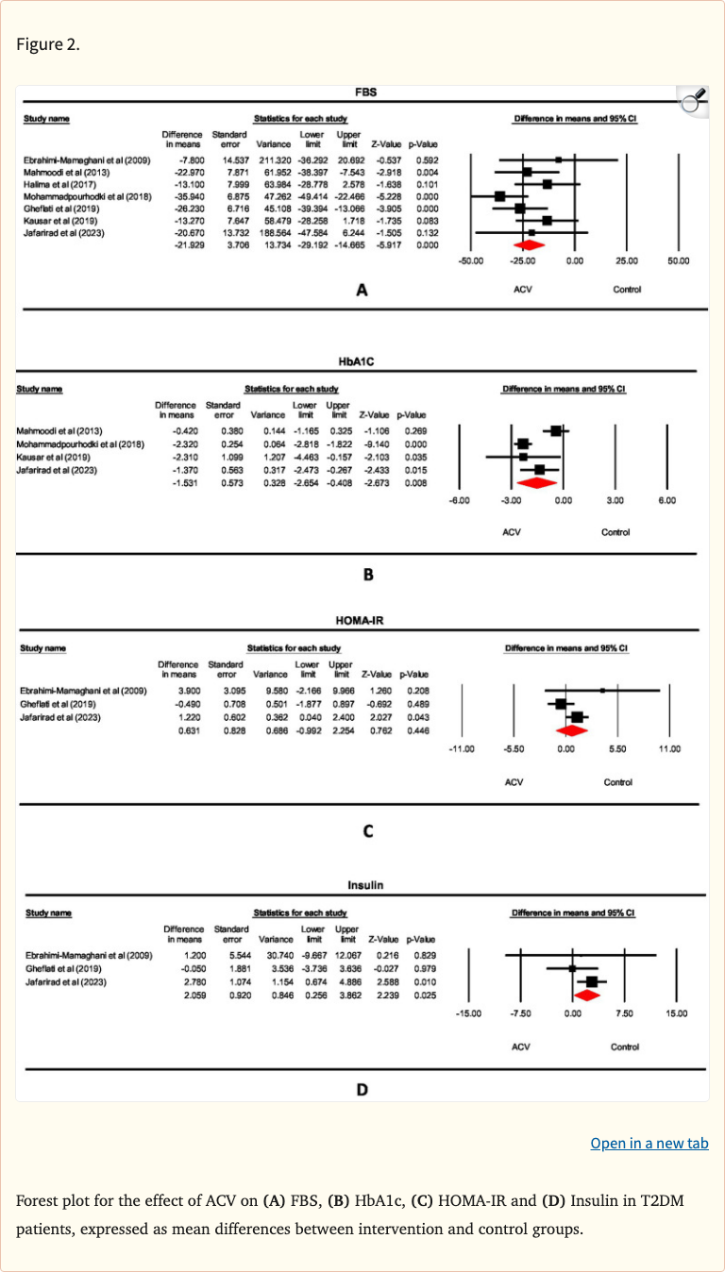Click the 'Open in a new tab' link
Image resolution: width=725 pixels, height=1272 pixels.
[x=649, y=1143]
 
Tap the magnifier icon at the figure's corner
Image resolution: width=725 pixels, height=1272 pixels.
[x=694, y=100]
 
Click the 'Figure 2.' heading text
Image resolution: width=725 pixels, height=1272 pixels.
[x=48, y=44]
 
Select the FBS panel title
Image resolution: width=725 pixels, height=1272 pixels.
[x=365, y=92]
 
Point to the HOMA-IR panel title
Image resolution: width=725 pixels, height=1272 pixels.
[x=362, y=622]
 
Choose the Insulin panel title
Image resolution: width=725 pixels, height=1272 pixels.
[x=362, y=886]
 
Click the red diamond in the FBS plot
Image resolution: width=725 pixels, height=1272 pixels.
[x=528, y=244]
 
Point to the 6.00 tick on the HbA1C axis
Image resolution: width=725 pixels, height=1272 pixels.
[x=666, y=499]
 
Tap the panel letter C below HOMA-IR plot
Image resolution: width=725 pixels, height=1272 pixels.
[x=367, y=831]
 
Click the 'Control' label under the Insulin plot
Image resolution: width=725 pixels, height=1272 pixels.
[x=624, y=1046]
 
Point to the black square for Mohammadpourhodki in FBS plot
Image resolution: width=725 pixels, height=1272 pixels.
[x=499, y=195]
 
